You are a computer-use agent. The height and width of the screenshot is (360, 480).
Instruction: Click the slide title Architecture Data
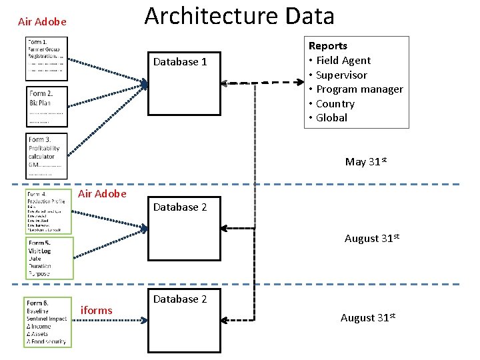tap(239, 16)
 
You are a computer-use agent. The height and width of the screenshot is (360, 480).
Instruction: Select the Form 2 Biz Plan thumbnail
tap(47, 107)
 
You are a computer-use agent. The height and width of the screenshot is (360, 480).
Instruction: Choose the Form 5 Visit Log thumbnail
tap(48, 258)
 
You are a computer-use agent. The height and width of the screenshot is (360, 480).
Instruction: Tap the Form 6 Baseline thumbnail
tap(47, 322)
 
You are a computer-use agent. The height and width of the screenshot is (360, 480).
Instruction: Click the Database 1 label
tap(180, 62)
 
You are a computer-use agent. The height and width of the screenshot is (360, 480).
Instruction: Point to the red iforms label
tap(96, 310)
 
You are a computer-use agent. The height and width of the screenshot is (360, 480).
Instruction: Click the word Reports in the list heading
tap(327, 46)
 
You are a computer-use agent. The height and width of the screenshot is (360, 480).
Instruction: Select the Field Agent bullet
tap(343, 61)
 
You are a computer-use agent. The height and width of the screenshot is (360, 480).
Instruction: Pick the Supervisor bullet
tap(341, 75)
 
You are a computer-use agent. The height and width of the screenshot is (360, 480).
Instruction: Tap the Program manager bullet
tap(359, 89)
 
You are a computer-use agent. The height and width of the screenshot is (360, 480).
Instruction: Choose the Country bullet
tap(335, 104)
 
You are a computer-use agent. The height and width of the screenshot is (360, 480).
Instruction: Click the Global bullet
tap(331, 118)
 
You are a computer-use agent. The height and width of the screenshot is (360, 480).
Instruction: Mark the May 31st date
tap(365, 161)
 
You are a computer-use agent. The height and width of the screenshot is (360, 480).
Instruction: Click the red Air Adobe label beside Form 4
tap(102, 194)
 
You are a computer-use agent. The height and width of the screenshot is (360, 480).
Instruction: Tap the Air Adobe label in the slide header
tap(42, 22)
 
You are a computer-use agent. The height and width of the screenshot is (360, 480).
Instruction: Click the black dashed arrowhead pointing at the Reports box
tap(298, 83)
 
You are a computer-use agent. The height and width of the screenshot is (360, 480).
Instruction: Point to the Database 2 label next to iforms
tap(180, 299)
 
